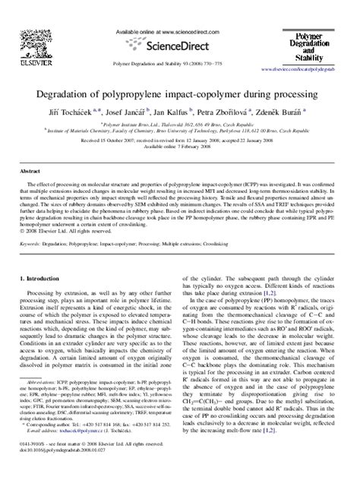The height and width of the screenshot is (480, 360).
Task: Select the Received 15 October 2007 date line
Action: pyautogui.click(x=179, y=141)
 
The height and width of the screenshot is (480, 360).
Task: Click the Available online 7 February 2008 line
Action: pyautogui.click(x=179, y=147)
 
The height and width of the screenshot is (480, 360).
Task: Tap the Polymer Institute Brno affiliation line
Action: pyautogui.click(x=180, y=123)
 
